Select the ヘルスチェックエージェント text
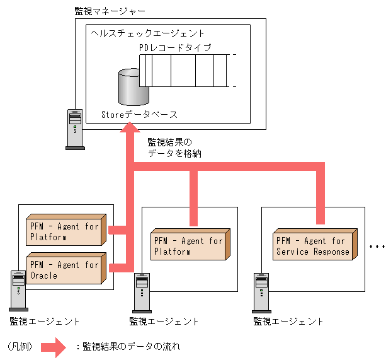click(x=147, y=33)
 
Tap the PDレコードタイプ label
click(x=175, y=48)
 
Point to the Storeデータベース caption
click(x=139, y=115)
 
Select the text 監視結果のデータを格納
click(x=174, y=148)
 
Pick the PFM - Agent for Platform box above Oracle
click(x=64, y=232)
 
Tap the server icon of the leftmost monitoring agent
click(x=19, y=290)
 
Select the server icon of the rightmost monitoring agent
click(x=261, y=291)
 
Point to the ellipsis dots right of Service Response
click(x=377, y=247)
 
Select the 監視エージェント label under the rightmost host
click(x=288, y=321)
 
